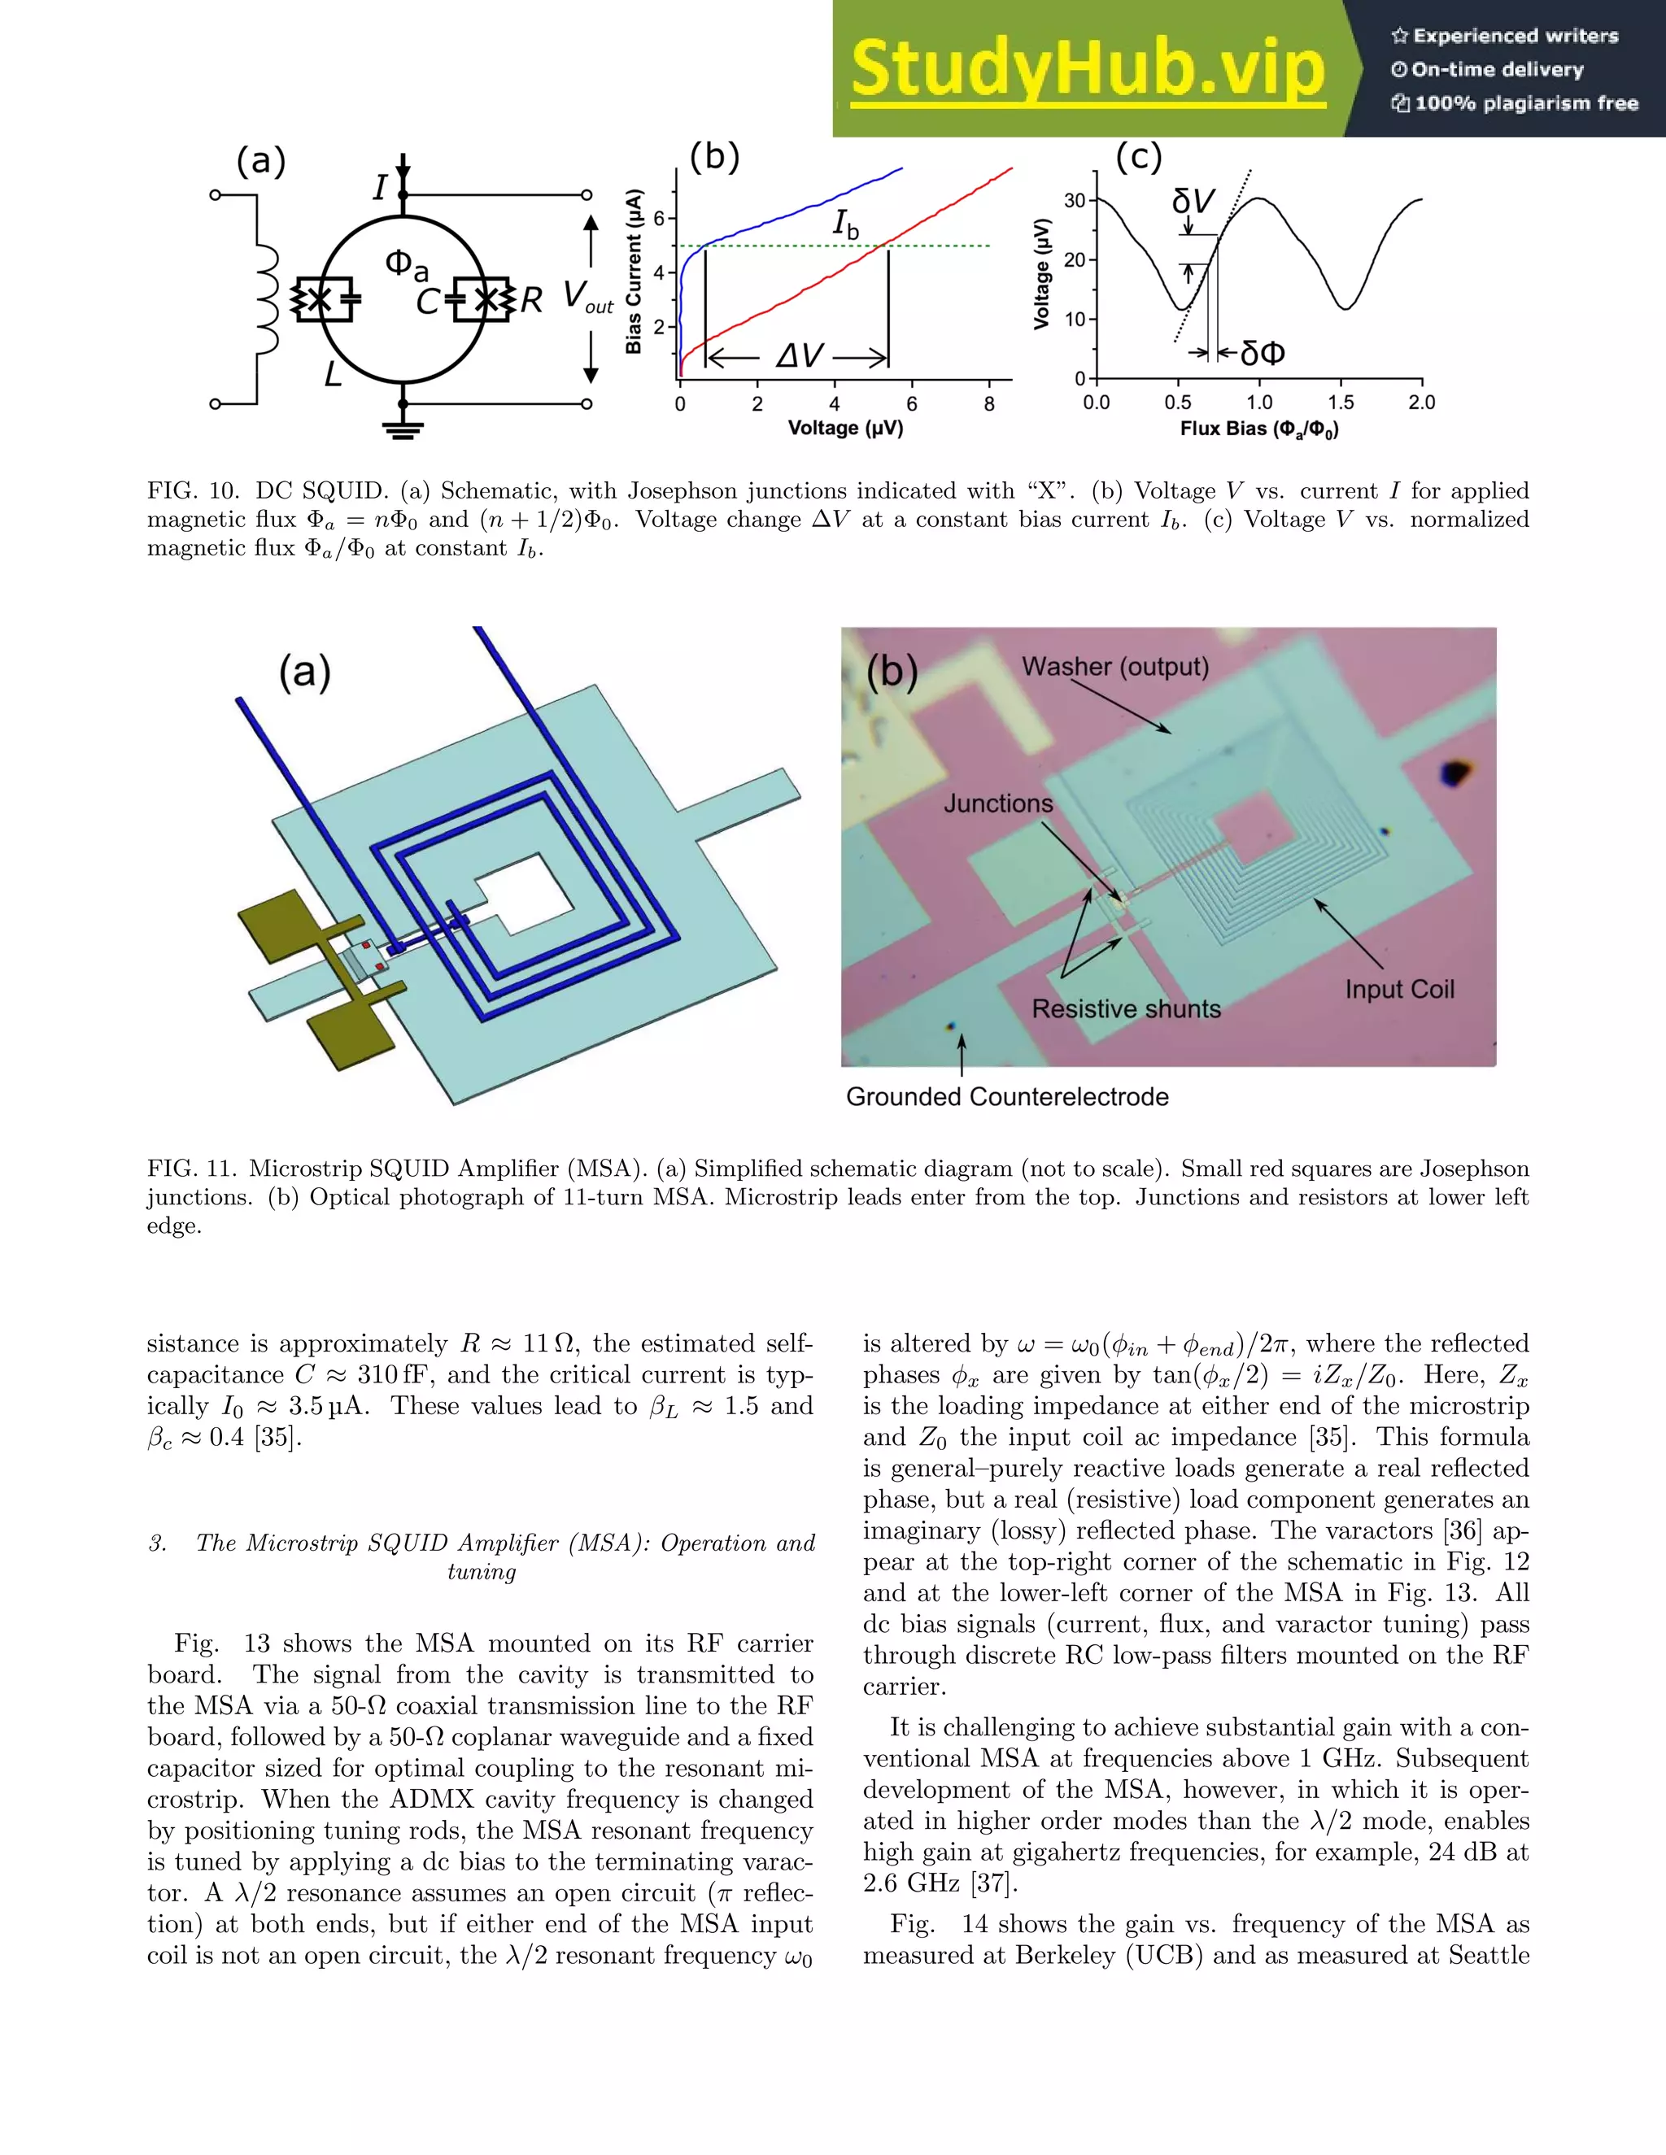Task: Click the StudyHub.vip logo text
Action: tap(1087, 69)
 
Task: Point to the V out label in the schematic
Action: tap(587, 296)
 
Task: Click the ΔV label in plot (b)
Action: tap(799, 356)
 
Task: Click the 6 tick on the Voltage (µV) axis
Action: tap(912, 403)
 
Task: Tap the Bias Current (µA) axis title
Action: tap(634, 272)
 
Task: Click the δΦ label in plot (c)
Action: tap(1263, 353)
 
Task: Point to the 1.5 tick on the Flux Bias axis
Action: tap(1341, 403)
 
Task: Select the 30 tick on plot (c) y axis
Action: tap(1074, 200)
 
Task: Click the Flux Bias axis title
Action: tap(1258, 429)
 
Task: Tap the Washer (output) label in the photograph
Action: tap(1115, 667)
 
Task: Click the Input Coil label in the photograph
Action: tap(1398, 990)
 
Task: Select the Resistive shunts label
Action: tap(1126, 1009)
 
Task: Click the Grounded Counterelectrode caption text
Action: tap(1007, 1097)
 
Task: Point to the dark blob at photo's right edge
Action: tap(1454, 773)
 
